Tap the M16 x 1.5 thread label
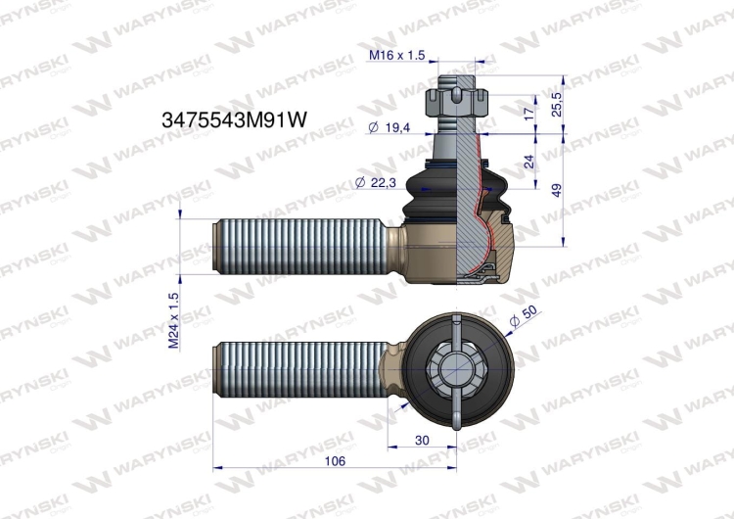click(397, 56)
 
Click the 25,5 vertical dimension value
click(557, 104)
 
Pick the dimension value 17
click(529, 113)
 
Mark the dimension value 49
click(557, 190)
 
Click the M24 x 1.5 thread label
click(174, 320)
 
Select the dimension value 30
click(422, 441)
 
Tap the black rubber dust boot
click(436, 192)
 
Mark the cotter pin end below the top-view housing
click(457, 422)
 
